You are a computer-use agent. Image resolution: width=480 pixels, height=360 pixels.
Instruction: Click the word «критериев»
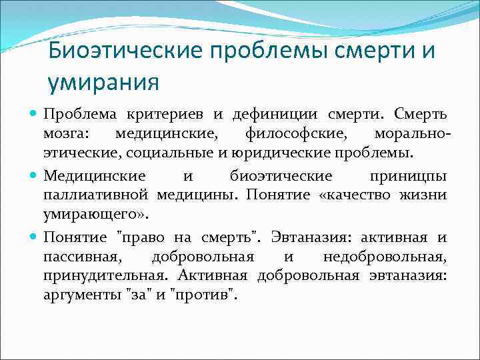point(171,115)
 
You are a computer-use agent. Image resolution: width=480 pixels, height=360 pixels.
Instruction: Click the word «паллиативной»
point(97,195)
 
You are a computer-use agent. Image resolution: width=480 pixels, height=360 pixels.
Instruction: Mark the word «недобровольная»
point(385,257)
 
